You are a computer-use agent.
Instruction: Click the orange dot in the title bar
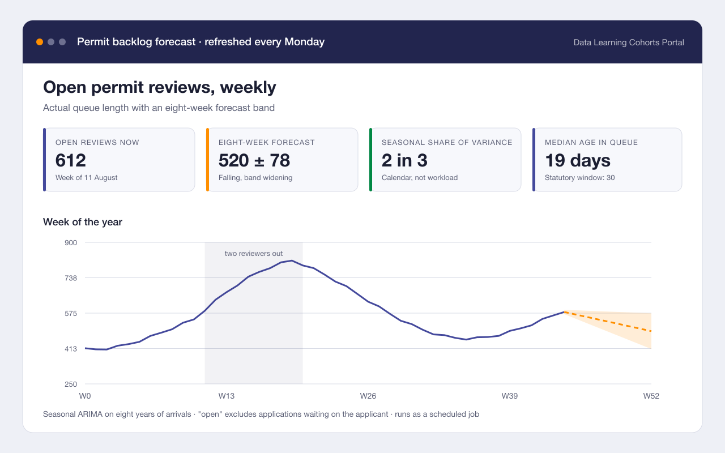pyautogui.click(x=40, y=42)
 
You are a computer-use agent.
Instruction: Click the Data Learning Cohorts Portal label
pyautogui.click(x=629, y=42)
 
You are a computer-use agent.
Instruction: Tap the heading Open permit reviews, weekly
pyautogui.click(x=160, y=87)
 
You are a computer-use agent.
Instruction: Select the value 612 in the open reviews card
pyautogui.click(x=71, y=160)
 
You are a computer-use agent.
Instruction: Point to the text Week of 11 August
pyautogui.click(x=87, y=178)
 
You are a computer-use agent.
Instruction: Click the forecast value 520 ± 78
pyautogui.click(x=254, y=160)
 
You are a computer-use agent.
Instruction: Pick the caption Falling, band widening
pyautogui.click(x=255, y=178)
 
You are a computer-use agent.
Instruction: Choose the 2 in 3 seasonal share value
pyautogui.click(x=404, y=160)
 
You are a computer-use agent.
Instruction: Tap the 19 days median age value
pyautogui.click(x=578, y=160)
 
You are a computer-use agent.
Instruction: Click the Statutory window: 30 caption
pyautogui.click(x=579, y=178)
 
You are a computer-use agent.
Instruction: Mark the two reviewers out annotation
pyautogui.click(x=254, y=253)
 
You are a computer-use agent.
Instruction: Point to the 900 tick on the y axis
pyautogui.click(x=71, y=243)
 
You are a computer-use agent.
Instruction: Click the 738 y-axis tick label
pyautogui.click(x=71, y=278)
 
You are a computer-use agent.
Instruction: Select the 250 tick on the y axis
pyautogui.click(x=71, y=384)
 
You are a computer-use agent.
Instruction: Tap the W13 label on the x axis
pyautogui.click(x=226, y=396)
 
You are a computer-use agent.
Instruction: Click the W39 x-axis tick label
pyautogui.click(x=509, y=396)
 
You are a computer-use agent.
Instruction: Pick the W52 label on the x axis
pyautogui.click(x=651, y=396)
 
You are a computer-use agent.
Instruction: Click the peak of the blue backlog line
pyautogui.click(x=292, y=260)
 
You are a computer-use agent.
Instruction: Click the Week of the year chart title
pyautogui.click(x=83, y=222)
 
